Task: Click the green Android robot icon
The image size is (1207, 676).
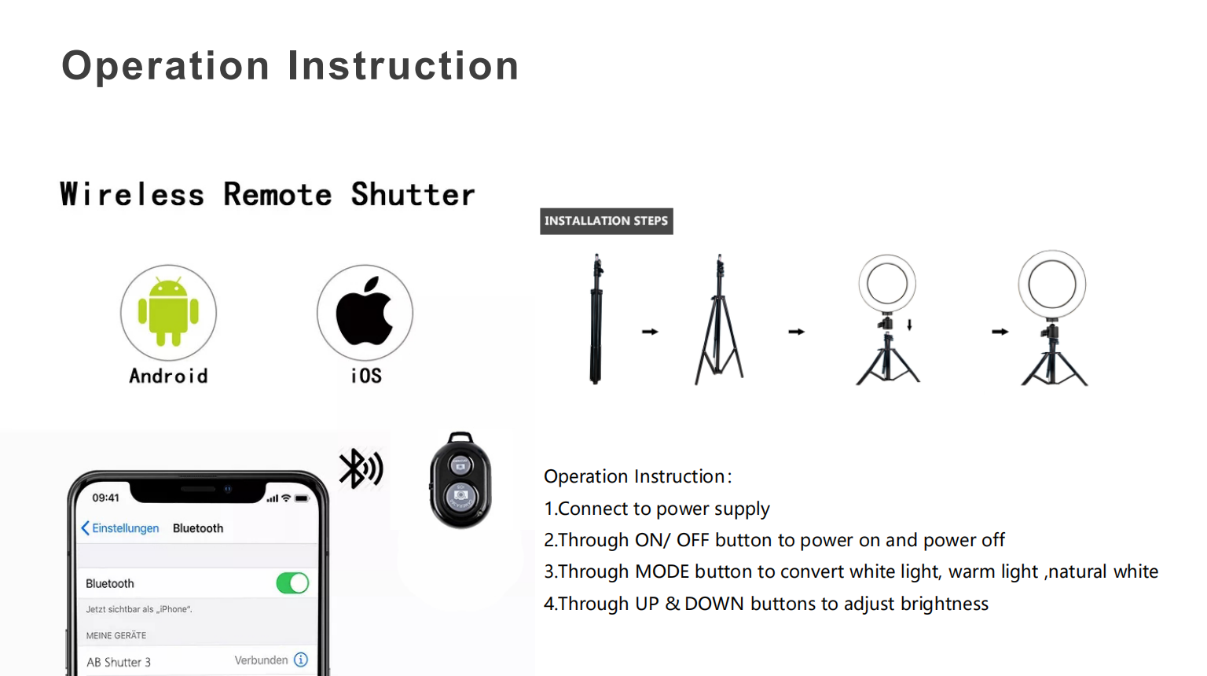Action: tap(168, 311)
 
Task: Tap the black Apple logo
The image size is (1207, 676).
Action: tap(365, 311)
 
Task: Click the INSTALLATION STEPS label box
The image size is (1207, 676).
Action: tap(606, 221)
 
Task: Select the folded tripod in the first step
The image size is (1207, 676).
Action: tap(596, 318)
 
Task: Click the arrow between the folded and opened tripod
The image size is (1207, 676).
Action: tap(650, 332)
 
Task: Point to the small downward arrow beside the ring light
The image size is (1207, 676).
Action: tap(909, 325)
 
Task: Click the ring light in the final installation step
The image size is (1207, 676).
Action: tap(1052, 284)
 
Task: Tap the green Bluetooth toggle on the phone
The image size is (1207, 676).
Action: tap(292, 583)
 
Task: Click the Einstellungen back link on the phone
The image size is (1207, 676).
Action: tap(120, 528)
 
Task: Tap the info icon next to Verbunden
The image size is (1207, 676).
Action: tap(301, 659)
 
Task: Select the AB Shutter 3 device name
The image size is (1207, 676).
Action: tap(119, 662)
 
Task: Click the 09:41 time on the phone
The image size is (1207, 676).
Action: tap(105, 498)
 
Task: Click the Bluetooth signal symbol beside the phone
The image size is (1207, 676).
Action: tap(361, 468)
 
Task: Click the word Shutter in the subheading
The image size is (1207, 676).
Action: tap(413, 195)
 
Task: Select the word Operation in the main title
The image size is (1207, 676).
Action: tap(166, 67)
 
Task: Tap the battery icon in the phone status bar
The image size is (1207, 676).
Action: tap(303, 498)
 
